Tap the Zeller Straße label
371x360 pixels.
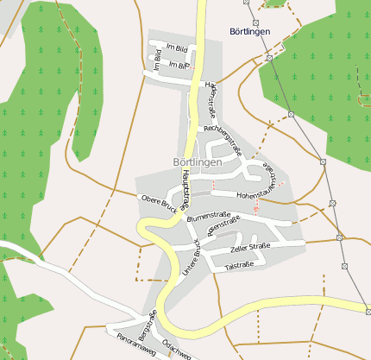250,249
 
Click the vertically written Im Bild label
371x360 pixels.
157,58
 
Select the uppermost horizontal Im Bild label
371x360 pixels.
175,48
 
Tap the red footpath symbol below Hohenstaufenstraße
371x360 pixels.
256,211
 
